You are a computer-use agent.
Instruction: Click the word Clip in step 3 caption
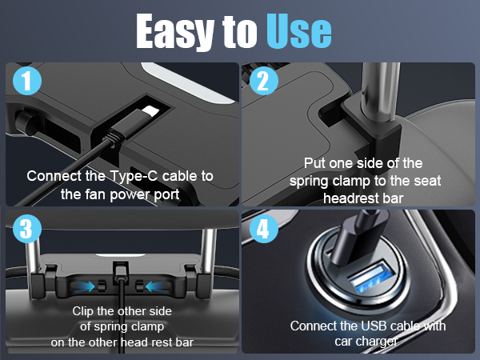pyautogui.click(x=86, y=311)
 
